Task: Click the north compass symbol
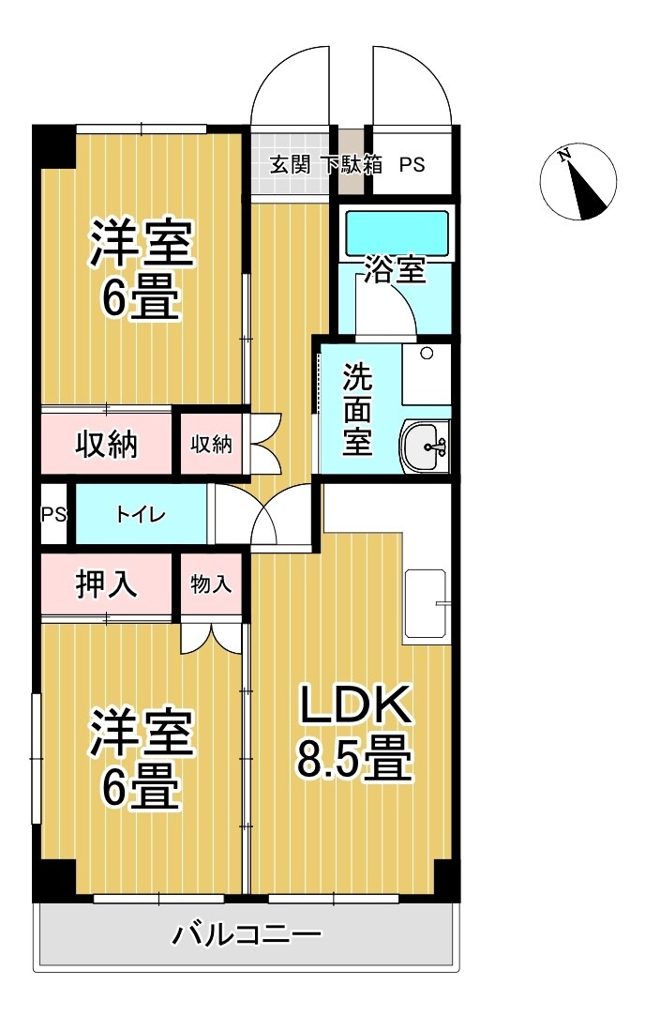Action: (x=578, y=183)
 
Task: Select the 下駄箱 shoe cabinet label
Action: (x=352, y=164)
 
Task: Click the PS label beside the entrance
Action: (x=412, y=165)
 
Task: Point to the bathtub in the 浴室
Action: (x=397, y=230)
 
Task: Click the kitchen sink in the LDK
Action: (x=427, y=605)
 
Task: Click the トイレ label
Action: (x=141, y=515)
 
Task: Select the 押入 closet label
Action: (x=107, y=583)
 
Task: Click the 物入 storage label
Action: (x=211, y=583)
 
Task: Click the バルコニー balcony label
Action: (x=247, y=934)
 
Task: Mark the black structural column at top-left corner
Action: (x=52, y=146)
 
